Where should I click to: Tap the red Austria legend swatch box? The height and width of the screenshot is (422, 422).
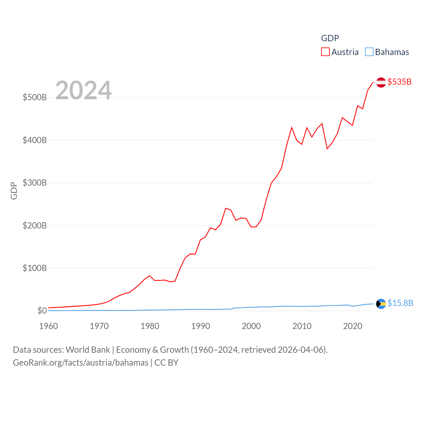point(325,52)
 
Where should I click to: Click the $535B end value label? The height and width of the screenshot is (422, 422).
point(399,82)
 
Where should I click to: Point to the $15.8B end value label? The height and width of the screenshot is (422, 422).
point(400,303)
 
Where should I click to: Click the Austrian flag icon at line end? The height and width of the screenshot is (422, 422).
point(381,82)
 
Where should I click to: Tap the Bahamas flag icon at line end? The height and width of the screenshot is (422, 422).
point(381,304)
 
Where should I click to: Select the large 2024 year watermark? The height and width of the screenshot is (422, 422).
point(83,90)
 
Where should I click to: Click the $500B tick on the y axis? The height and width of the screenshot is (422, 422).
point(35,97)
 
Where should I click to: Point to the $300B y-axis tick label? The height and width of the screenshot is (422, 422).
point(35,183)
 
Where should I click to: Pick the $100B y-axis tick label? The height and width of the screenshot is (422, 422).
point(35,268)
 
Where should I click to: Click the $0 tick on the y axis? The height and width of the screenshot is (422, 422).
point(42,311)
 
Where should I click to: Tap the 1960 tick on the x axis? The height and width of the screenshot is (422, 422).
point(48,326)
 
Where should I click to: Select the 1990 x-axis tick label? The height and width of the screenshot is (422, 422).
point(200,326)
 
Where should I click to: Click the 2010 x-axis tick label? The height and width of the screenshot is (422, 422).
point(302,326)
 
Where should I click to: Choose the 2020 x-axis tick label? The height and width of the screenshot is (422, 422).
point(353,326)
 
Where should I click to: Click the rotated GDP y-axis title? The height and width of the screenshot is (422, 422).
point(14,191)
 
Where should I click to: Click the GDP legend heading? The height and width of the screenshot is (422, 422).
point(330,38)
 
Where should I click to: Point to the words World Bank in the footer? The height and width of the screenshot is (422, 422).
point(88,349)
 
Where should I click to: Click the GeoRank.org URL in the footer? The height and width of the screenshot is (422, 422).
point(80,363)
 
